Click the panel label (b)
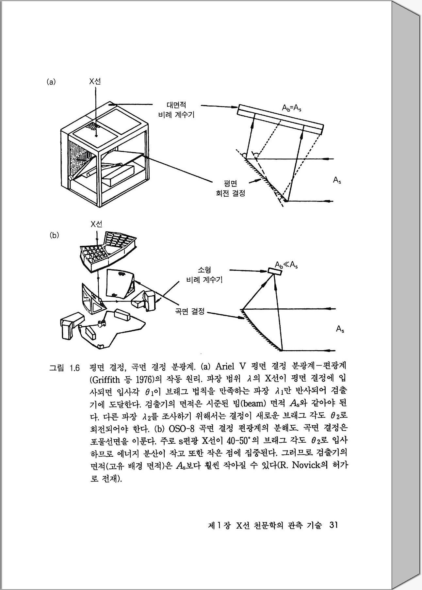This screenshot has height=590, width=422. click(54, 235)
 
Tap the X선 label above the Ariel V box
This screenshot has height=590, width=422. click(95, 81)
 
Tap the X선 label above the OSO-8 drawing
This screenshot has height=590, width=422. click(96, 224)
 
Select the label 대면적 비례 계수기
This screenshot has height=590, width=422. click(176, 110)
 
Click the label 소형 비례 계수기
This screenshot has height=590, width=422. click(204, 275)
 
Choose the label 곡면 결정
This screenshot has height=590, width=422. click(190, 311)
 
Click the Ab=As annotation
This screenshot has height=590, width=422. click(291, 108)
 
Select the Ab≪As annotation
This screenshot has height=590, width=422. click(286, 265)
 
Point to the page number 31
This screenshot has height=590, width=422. click(333, 525)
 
